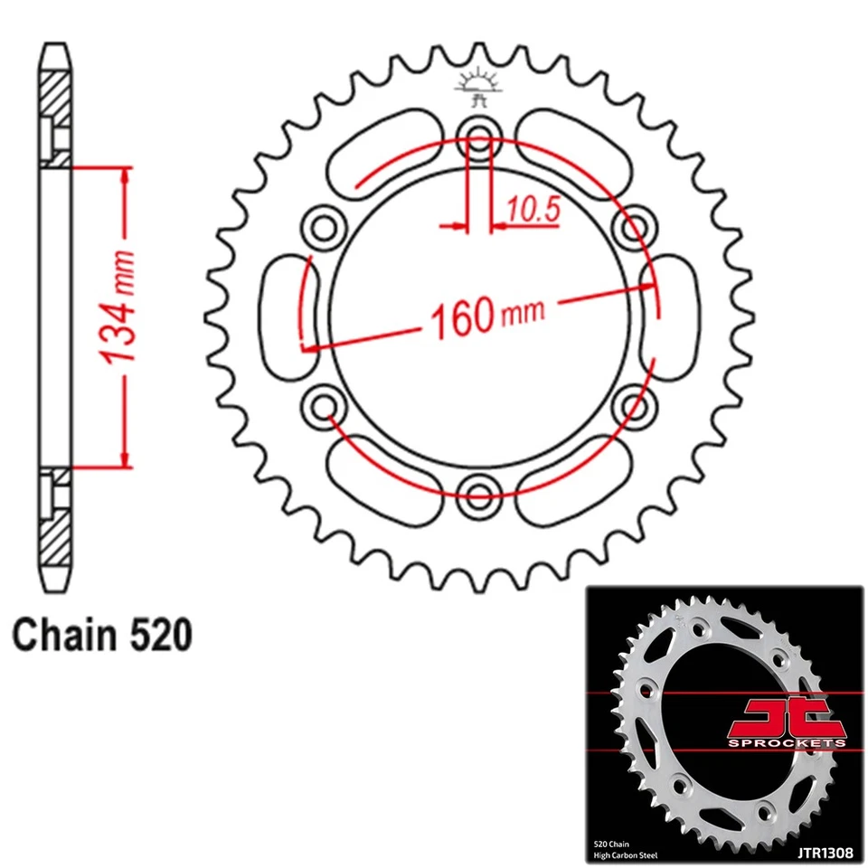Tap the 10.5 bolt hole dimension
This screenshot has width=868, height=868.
coord(533,210)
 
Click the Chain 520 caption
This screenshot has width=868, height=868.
coord(102,635)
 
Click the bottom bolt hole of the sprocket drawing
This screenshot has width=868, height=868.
coord(477,491)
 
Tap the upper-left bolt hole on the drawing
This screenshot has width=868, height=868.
coord(323,224)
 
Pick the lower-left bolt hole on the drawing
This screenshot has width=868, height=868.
coord(323,402)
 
